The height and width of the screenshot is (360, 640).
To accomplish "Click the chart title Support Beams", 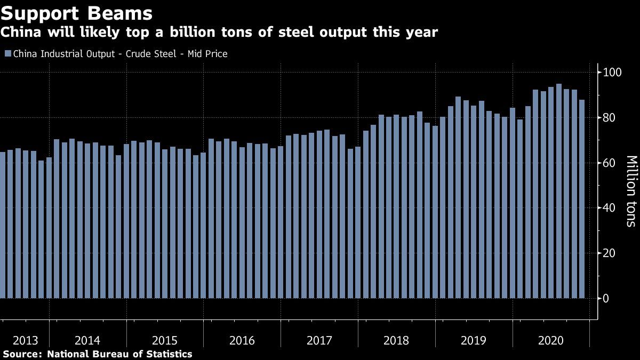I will coord(77,13).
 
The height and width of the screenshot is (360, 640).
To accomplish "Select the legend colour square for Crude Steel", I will coord(7,54).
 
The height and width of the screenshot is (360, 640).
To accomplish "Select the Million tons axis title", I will coord(631,191).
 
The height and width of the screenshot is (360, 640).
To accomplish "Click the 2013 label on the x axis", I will coord(25,340).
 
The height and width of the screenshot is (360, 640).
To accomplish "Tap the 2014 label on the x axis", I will coord(87,340).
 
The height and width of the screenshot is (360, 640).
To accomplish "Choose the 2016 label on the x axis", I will coord(242,340).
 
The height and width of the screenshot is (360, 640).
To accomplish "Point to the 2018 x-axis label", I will coord(396,340).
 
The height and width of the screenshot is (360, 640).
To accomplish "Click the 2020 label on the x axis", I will coord(551,340).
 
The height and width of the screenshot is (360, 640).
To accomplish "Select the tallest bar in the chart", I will coord(558,191).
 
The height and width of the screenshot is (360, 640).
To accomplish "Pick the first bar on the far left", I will coord(2,225).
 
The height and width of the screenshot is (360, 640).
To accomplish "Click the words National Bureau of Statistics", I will coord(120,354).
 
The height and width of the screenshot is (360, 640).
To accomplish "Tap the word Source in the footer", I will coord(21,354).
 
